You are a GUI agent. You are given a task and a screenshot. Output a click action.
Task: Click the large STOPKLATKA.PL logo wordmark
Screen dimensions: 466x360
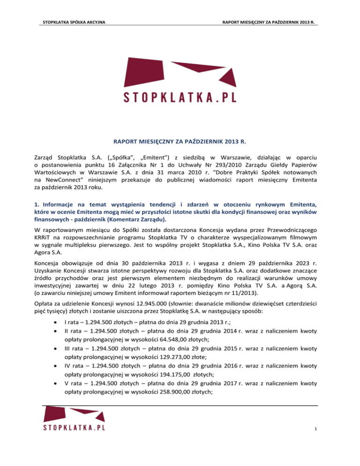pyautogui.click(x=180, y=97)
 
